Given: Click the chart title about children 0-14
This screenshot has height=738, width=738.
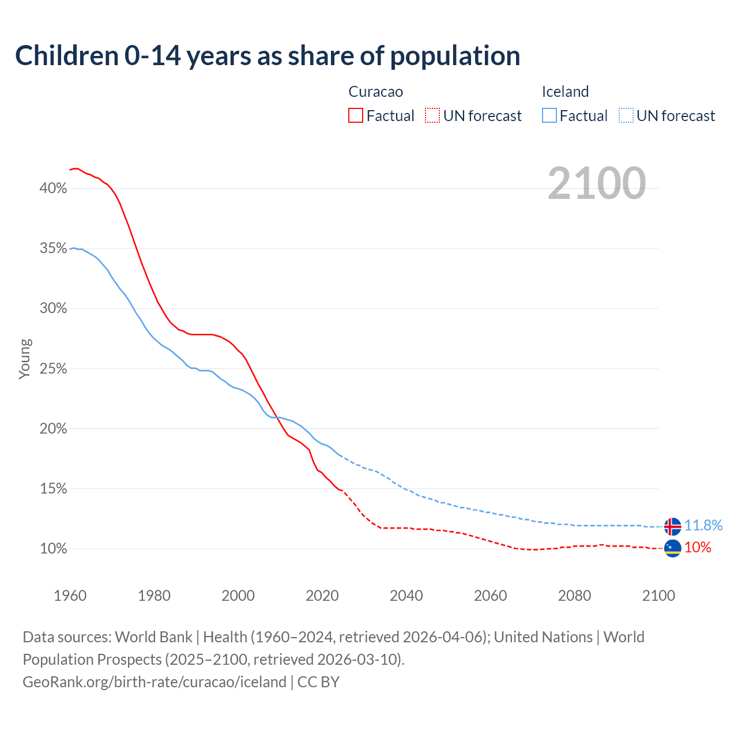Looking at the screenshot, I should [x=268, y=56].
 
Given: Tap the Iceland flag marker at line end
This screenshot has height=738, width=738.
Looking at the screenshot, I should [x=672, y=526].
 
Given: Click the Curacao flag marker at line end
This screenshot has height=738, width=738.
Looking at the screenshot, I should [x=672, y=548].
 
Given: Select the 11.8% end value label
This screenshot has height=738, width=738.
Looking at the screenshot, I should [x=703, y=525].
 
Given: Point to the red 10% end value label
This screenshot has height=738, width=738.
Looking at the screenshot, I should [x=698, y=547].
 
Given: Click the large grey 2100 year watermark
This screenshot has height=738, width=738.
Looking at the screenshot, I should [x=597, y=183].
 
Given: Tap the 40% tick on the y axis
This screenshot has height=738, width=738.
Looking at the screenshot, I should [x=54, y=189].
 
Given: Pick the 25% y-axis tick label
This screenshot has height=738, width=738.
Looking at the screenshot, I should [x=54, y=369].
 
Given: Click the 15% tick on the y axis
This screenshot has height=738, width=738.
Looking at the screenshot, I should [x=54, y=489].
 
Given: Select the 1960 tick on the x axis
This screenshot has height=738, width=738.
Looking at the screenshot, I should [x=70, y=596].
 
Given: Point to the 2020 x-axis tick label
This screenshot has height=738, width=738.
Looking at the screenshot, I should [x=322, y=596].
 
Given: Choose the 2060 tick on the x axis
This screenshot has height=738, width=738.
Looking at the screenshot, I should [x=491, y=596].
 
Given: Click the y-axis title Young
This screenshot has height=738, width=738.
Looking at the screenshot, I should [x=25, y=359].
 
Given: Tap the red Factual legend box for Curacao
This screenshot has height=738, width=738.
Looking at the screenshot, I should [x=356, y=116].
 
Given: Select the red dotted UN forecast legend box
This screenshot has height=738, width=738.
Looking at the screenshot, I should [x=432, y=116].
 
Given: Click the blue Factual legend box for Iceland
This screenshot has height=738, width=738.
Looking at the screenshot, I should [x=549, y=116].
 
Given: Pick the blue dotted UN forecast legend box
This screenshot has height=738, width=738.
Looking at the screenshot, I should [x=626, y=116].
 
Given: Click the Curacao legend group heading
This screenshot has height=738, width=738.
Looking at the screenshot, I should [x=376, y=92].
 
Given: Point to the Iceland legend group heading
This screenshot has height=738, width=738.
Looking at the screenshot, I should [x=565, y=92].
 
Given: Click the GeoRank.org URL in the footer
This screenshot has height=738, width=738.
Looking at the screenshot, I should [x=155, y=682].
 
